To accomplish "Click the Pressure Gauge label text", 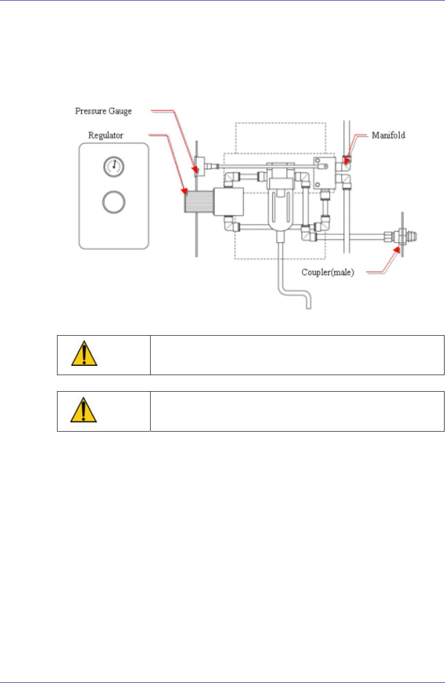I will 103,111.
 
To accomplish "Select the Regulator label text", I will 106,135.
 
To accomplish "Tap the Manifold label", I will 388,135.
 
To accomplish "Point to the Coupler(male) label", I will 328,272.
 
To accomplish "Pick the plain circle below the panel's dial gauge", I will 114,201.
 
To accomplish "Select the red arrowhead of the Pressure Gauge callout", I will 197,170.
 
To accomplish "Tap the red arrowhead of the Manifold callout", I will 346,160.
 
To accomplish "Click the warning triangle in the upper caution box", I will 84,355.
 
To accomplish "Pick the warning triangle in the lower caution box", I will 84,411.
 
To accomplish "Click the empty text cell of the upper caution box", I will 297,355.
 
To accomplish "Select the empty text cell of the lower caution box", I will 297,411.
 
